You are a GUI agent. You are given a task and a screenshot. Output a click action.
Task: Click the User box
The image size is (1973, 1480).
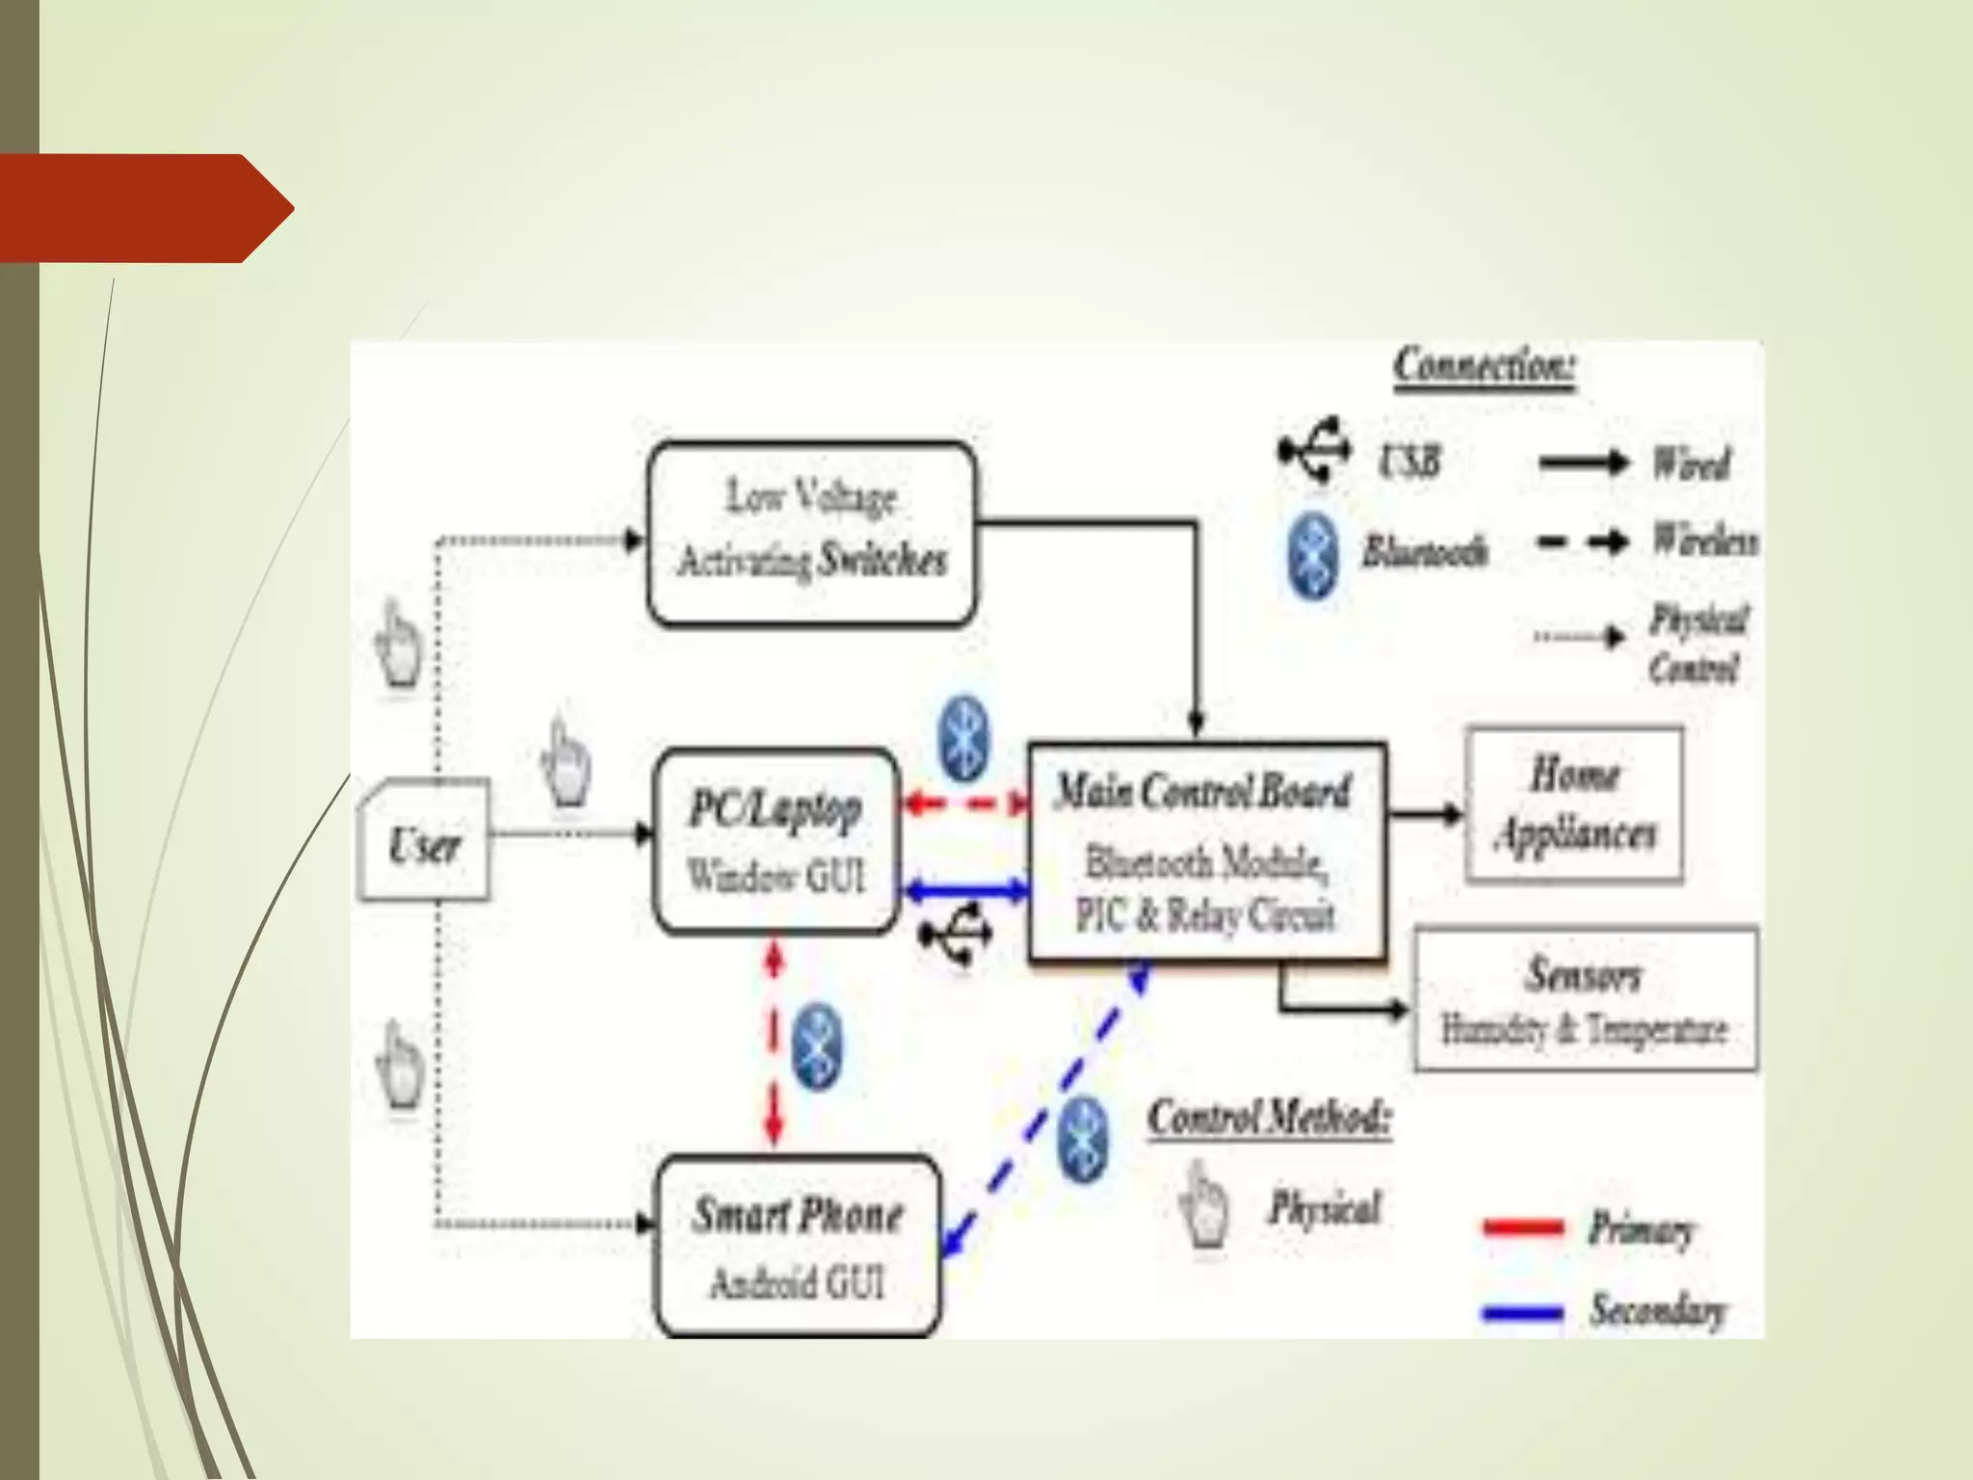point(424,841)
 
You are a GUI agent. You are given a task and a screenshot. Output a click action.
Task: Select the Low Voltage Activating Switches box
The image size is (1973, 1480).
point(811,533)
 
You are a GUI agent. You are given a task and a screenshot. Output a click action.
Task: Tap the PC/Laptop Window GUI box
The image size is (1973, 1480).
point(776,841)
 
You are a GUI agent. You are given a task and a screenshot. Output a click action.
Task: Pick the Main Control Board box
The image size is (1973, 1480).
point(1207,852)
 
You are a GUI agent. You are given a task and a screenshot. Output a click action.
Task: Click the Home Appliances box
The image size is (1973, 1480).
point(1574,806)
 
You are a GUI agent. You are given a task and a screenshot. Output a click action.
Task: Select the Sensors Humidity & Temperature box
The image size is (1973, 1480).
point(1585,999)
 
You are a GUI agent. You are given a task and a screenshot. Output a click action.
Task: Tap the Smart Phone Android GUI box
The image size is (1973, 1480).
point(798,1245)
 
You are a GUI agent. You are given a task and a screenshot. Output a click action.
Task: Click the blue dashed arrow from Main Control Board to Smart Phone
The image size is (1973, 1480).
point(1045,1108)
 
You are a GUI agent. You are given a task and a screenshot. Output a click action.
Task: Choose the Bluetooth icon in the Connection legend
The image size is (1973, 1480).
point(1313,554)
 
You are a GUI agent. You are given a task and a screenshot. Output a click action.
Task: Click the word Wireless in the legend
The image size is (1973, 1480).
point(1703,541)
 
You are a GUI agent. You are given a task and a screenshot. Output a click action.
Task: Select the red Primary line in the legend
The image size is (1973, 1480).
point(1523,1228)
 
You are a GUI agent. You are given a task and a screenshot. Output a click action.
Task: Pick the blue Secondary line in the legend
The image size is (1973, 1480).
point(1523,1311)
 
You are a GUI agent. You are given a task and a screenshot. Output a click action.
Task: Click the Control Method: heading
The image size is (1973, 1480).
point(1269,1119)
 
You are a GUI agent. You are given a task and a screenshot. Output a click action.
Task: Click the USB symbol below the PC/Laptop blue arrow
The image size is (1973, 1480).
point(957,934)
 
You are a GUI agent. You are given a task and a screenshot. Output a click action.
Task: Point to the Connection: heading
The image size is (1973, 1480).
point(1484,366)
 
